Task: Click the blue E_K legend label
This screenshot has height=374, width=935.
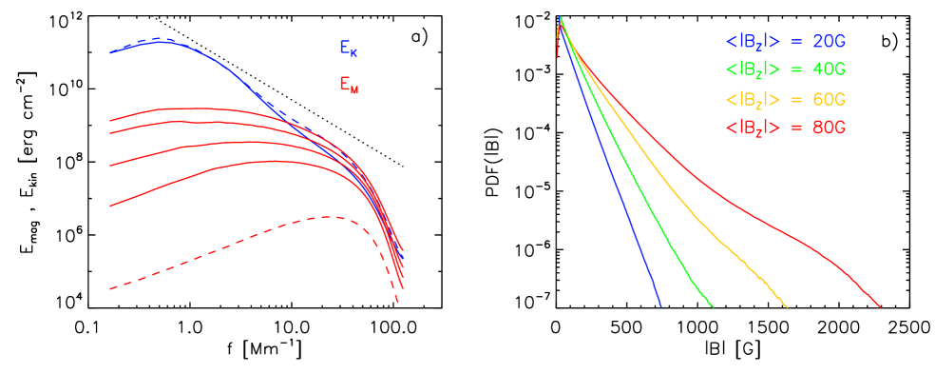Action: point(348,48)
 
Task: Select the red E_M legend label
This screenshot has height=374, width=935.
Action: point(349,85)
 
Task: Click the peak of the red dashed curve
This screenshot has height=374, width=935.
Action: point(326,217)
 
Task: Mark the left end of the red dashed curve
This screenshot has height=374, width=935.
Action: point(110,287)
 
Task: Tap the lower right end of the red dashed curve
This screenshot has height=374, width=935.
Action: point(397,303)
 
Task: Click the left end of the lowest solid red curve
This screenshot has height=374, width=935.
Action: point(110,205)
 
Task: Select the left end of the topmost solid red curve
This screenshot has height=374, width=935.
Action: point(110,121)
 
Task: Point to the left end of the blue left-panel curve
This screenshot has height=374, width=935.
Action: point(110,52)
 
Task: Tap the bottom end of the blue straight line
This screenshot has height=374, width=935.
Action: point(660,306)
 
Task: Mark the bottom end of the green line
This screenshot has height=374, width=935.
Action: point(713,306)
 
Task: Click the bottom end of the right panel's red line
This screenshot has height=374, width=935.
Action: point(881,307)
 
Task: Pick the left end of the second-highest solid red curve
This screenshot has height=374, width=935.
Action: point(110,139)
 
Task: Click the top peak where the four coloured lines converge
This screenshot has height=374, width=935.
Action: point(561,17)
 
